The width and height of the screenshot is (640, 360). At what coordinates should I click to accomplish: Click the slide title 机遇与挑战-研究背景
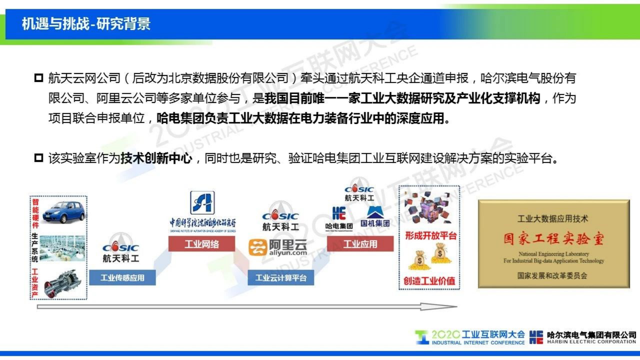pos(86,24)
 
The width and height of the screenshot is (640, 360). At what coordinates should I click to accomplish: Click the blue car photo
pos(63,211)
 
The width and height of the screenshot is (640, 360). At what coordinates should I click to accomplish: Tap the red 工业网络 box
pos(201,244)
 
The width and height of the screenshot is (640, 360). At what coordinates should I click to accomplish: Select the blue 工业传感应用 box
pos(122,278)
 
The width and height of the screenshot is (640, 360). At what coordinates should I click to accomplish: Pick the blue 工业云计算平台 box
pos(281,278)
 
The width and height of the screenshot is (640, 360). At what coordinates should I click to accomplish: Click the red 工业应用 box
pos(360,244)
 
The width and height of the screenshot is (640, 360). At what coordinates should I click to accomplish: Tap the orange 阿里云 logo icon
pos(258,247)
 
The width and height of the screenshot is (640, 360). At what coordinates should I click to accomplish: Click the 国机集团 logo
pos(375,217)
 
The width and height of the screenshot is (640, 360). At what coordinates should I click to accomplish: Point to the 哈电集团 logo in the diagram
pos(339,218)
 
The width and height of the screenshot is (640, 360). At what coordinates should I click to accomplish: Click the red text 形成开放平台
pos(430,236)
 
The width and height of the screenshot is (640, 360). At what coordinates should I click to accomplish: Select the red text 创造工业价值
pos(429,281)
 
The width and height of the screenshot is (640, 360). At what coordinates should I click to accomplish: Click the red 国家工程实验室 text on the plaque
pos(554,239)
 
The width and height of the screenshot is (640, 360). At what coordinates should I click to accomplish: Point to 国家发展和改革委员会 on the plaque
pos(552,276)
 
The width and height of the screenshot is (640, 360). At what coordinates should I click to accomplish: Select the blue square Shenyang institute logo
pos(202,202)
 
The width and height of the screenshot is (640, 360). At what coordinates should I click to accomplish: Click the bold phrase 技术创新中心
pos(156,158)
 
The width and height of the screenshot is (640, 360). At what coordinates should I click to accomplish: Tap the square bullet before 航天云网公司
pos(39,77)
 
